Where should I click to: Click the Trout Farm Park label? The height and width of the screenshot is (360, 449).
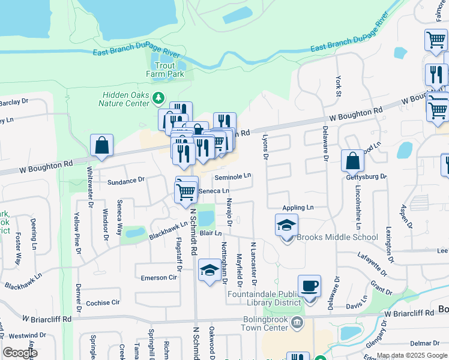pyautogui.click(x=164, y=70)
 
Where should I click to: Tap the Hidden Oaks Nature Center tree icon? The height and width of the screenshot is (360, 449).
pyautogui.click(x=158, y=97)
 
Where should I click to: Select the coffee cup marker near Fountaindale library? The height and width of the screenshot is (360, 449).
pyautogui.click(x=309, y=286)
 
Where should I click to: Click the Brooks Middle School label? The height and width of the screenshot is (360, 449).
pyautogui.click(x=337, y=237)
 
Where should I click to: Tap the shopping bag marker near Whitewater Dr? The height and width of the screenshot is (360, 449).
pyautogui.click(x=101, y=145)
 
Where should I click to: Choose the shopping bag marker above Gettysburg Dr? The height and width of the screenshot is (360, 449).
pyautogui.click(x=352, y=161)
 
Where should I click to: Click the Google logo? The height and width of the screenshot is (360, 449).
pyautogui.click(x=20, y=353)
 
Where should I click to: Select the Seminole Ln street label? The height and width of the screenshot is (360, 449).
pyautogui.click(x=233, y=176)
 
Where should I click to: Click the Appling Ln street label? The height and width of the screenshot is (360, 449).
pyautogui.click(x=298, y=207)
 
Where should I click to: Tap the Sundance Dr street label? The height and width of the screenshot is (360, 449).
pyautogui.click(x=126, y=179)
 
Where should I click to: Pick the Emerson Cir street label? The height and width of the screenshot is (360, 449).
pyautogui.click(x=159, y=278)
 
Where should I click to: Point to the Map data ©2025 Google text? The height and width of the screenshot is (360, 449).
pyautogui.click(x=412, y=355)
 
